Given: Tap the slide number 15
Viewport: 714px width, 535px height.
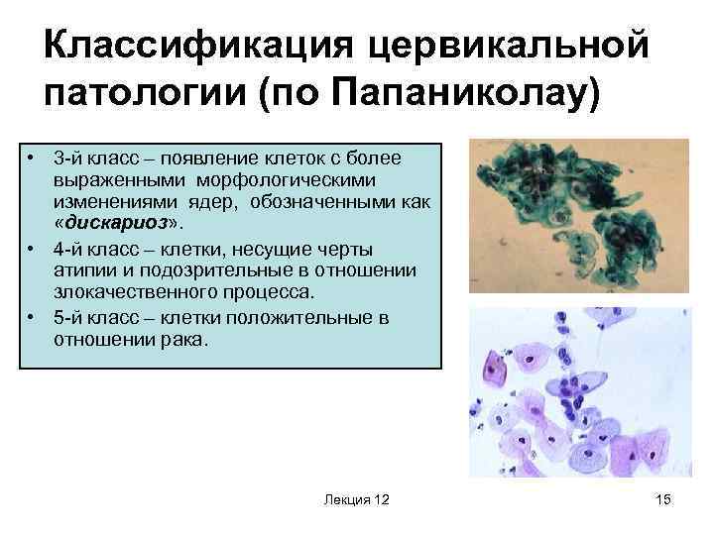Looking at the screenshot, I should (x=663, y=502).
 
